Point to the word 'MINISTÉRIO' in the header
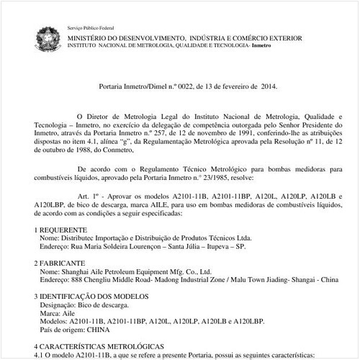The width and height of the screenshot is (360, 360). point(94,37)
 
